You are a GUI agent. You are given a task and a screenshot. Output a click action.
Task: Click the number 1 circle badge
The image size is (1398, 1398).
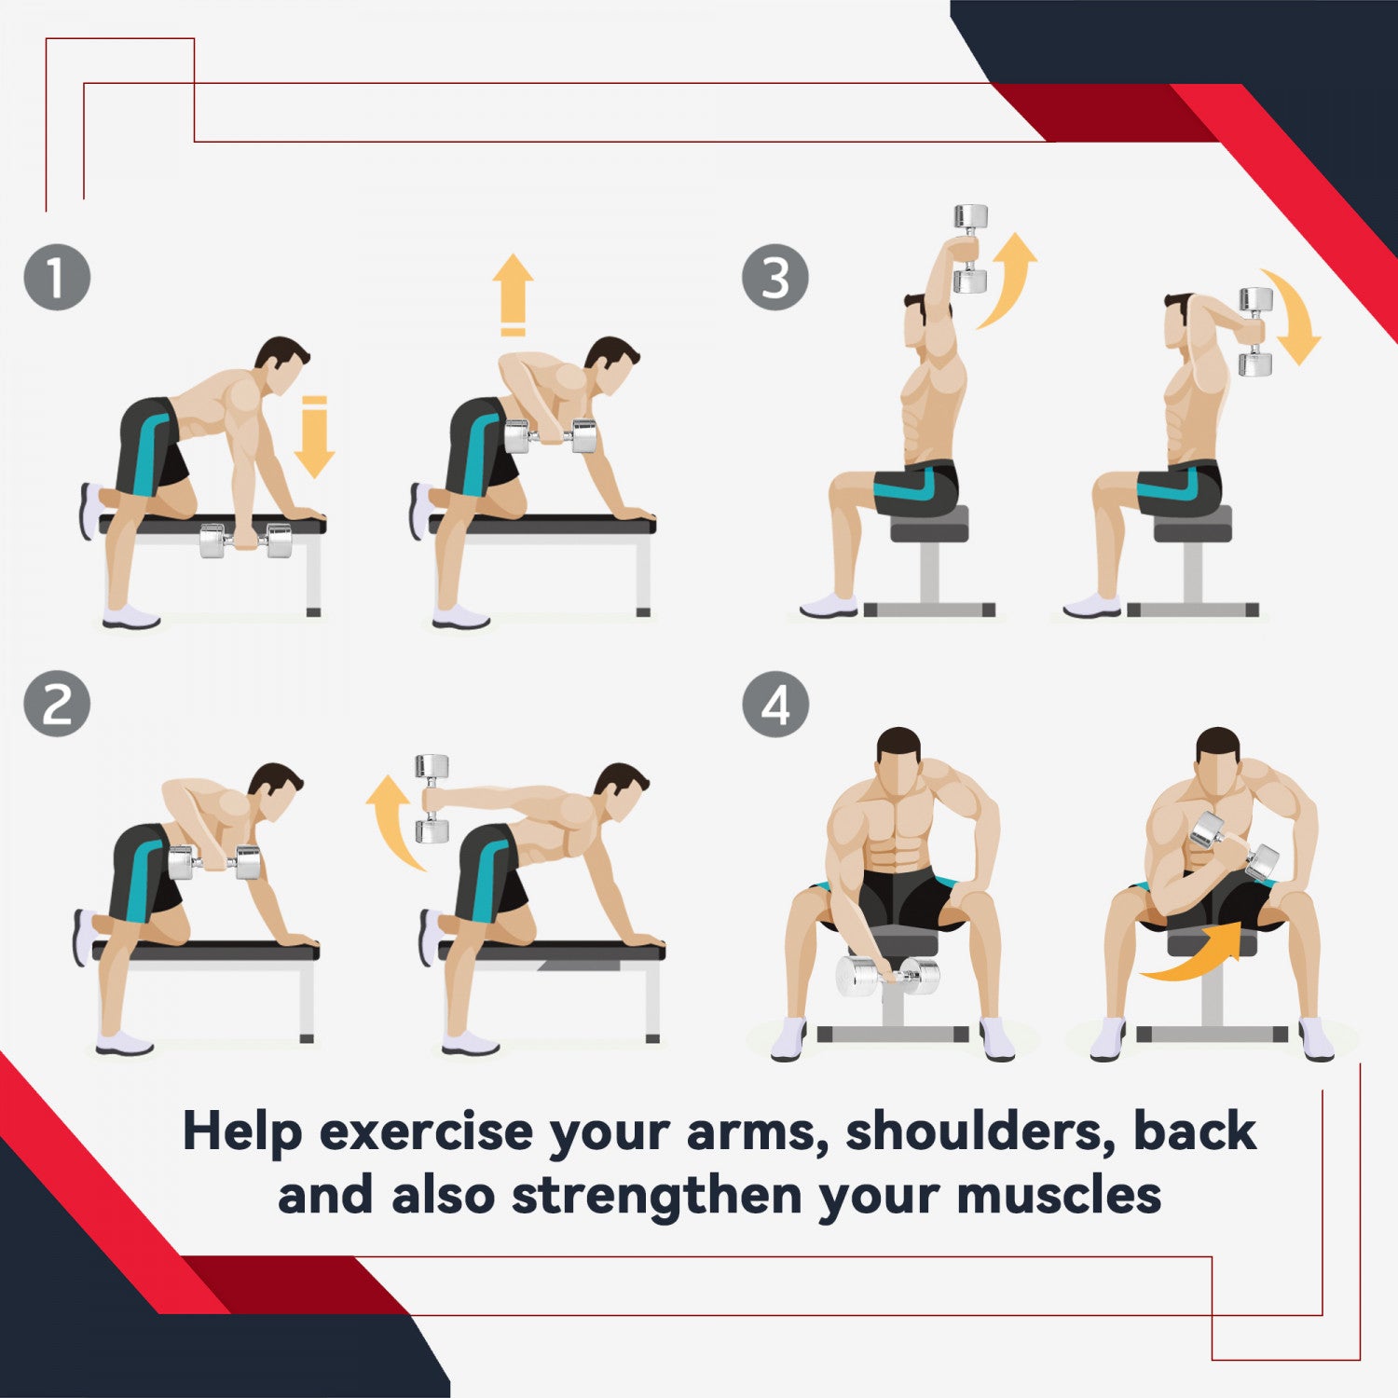tap(57, 277)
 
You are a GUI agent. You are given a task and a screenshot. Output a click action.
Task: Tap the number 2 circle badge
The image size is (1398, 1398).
tap(57, 704)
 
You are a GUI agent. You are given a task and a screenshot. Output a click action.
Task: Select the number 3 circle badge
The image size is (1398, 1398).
tap(775, 277)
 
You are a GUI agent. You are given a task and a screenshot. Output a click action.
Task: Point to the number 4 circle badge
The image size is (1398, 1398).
tap(775, 704)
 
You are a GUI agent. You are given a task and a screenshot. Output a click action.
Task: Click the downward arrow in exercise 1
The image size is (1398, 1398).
tap(314, 436)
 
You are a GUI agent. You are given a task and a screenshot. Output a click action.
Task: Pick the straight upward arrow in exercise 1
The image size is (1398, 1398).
tap(513, 295)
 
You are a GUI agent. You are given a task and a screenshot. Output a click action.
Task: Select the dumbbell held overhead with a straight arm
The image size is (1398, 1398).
tap(970, 249)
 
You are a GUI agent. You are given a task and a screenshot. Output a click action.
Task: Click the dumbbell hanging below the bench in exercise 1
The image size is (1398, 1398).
tap(247, 541)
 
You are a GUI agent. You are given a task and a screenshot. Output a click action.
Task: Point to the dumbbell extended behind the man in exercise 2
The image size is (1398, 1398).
tap(432, 799)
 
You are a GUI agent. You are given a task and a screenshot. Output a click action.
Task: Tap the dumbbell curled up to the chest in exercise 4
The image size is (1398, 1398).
tap(1235, 845)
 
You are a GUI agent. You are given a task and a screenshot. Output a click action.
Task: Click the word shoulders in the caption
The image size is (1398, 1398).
tap(980, 1131)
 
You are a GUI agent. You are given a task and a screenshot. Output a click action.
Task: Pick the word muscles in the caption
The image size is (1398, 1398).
tap(1059, 1195)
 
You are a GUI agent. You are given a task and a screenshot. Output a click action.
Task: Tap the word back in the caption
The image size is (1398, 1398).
tap(1195, 1131)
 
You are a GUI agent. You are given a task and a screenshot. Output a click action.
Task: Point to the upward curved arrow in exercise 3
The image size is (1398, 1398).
tap(1007, 280)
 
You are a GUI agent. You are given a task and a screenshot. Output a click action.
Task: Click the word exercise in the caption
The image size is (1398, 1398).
tap(426, 1132)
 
